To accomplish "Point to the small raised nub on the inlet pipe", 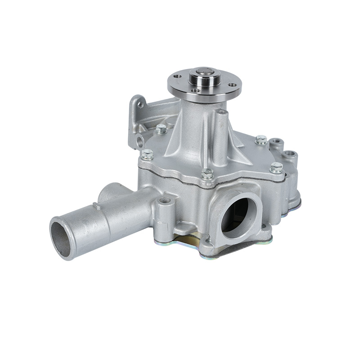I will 96,206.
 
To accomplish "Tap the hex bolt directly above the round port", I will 207,173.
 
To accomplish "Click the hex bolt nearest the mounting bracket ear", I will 161,129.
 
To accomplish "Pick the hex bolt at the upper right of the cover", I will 261,139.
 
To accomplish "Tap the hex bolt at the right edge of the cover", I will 277,168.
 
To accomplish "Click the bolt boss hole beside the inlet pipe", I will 165,200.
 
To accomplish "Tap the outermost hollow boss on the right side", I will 292,155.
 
